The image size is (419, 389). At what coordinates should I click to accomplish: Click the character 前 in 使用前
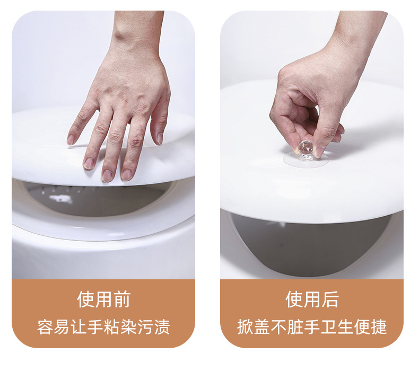pos(121,299)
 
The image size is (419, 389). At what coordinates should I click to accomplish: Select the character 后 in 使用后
pos(330,299)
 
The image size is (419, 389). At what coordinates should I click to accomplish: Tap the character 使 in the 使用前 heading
pos(86,299)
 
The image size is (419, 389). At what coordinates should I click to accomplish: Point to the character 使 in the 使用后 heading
pos(294,299)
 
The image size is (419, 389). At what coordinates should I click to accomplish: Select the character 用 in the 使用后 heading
pos(312,299)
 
